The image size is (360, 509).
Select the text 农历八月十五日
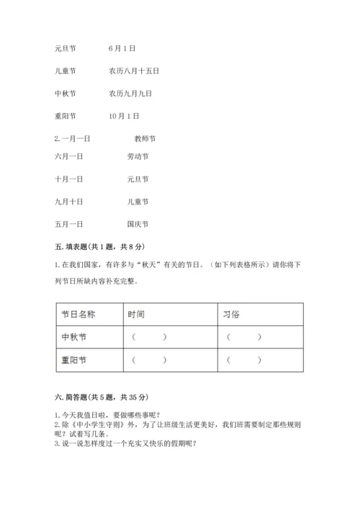click(134, 71)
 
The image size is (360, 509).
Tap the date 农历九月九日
click(130, 93)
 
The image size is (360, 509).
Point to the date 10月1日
click(125, 115)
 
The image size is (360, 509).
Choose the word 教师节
click(145, 138)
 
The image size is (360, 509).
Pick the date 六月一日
click(68, 156)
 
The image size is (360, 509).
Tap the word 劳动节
click(137, 156)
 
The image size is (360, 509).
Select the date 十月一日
click(68, 179)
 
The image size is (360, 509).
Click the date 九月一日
click(68, 201)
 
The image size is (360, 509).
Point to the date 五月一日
click(68, 223)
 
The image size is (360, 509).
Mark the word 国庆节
click(137, 223)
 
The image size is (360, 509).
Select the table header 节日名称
click(78, 314)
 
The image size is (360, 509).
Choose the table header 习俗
click(232, 314)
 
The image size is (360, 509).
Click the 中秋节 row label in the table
click(74, 336)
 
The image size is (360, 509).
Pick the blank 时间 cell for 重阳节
click(149, 359)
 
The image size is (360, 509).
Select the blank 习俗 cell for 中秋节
click(244, 336)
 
